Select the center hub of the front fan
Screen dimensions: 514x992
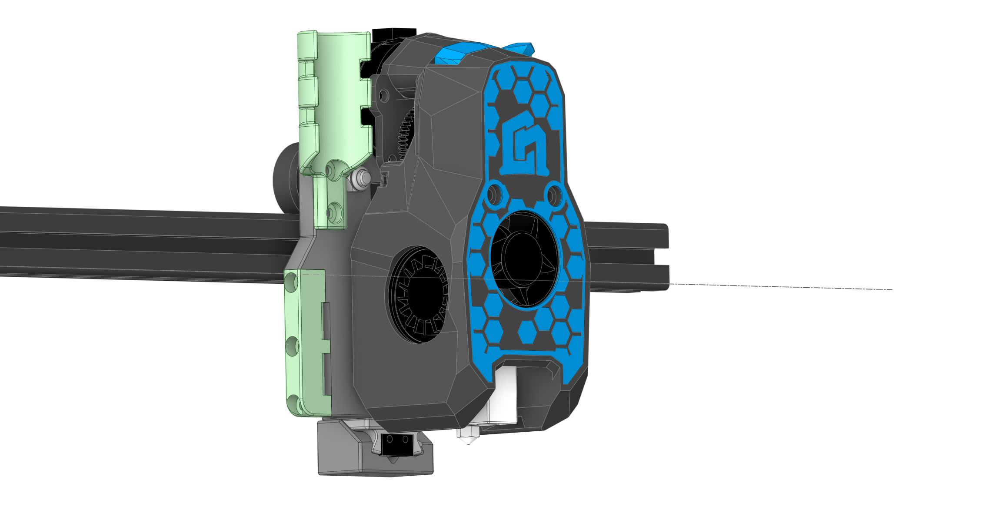523,257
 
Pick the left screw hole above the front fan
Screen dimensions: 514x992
494,194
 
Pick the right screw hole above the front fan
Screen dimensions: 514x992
554,195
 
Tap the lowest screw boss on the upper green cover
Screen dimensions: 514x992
334,212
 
